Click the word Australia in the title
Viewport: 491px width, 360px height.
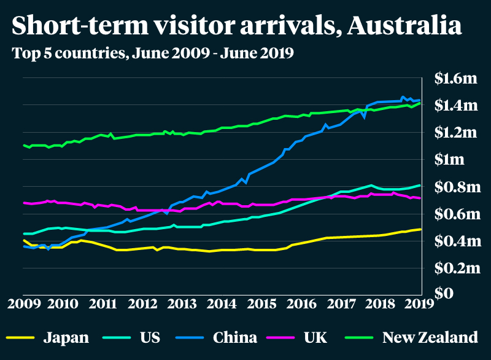pos(403,26)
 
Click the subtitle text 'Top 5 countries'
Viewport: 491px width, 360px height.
pos(66,53)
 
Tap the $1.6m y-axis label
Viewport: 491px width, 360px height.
pos(455,79)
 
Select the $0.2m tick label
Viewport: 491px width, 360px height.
pos(455,268)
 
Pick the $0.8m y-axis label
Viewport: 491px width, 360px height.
pos(455,187)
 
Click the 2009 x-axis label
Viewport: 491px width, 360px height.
pos(23,303)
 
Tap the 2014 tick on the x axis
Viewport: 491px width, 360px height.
pos(222,303)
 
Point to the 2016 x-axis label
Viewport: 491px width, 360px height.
pos(301,303)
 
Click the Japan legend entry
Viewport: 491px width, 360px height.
pos(66,337)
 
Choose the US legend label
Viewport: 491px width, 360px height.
pos(150,337)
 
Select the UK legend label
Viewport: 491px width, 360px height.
pos(315,337)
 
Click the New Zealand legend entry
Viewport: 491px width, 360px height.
pos(430,337)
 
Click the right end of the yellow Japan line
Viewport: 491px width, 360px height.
pos(420,229)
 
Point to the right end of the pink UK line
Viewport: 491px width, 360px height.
pos(420,198)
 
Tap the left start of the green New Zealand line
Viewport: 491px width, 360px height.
pos(23,145)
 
